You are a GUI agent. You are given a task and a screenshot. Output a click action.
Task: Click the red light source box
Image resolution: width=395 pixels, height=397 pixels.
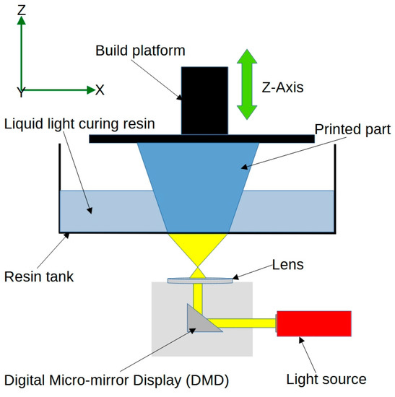pos(315,323)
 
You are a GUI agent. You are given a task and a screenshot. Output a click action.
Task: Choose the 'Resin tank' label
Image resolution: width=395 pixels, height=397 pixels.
pos(38,276)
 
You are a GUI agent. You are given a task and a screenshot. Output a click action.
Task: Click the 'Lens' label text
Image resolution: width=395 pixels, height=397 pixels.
pos(288,265)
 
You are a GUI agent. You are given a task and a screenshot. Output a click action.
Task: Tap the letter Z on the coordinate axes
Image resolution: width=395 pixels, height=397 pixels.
pos(22,9)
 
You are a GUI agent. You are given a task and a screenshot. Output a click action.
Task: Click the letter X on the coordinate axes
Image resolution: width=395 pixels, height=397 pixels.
pos(100,90)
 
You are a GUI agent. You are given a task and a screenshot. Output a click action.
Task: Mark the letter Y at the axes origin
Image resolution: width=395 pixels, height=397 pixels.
pos(22,93)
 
